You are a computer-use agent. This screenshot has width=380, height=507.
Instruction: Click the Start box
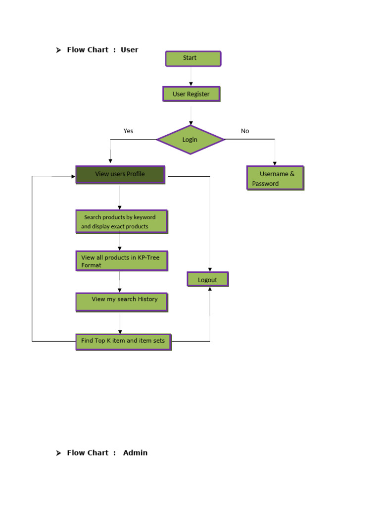pos(193,58)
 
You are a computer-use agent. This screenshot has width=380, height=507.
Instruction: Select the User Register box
pos(191,94)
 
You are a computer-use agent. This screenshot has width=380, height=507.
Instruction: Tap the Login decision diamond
pos(190,140)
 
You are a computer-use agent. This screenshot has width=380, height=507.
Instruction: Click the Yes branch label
pos(128,131)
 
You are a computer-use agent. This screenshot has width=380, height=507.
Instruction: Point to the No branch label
pos(245,131)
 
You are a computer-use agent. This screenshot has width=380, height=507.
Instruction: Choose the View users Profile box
pos(120,174)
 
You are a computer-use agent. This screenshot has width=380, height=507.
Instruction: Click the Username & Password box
pos(275,178)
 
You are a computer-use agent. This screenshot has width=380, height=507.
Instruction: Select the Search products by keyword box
pos(121,222)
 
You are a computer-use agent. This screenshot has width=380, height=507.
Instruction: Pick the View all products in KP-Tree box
pos(122,261)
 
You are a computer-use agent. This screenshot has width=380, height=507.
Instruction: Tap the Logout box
pos(208,280)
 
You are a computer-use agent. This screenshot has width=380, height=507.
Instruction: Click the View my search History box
pos(121,302)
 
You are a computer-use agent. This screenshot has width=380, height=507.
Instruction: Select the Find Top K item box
pos(123,341)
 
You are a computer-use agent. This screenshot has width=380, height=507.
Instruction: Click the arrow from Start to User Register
pos(191,76)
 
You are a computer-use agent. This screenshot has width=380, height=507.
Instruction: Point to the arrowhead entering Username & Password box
pos(275,163)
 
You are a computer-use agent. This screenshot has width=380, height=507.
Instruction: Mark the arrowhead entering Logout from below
pos(210,289)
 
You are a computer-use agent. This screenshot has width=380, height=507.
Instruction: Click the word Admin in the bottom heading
pos(135,453)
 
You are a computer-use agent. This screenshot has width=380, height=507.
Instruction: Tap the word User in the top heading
pos(130,50)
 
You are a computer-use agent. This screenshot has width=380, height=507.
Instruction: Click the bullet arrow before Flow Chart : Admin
pos(58,453)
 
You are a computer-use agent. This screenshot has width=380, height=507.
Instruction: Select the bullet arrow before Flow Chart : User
pos(58,50)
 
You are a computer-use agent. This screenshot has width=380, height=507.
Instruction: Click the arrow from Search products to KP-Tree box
pos(120,242)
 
